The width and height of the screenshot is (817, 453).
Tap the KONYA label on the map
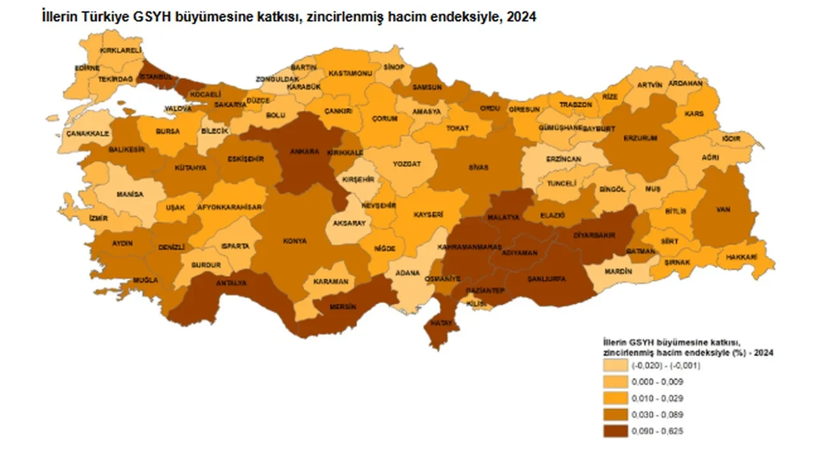295,242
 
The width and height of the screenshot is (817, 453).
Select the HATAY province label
441,323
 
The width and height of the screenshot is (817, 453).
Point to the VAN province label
723,210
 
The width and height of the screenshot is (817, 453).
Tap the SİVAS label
478,167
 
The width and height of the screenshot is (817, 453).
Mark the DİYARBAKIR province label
593,235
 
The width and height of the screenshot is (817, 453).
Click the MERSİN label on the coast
342,307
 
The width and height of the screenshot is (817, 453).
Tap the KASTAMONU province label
350,73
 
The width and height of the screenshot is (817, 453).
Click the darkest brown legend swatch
615,431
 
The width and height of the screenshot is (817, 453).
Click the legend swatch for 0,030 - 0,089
615,415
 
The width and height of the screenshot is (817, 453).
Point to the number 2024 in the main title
522,18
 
